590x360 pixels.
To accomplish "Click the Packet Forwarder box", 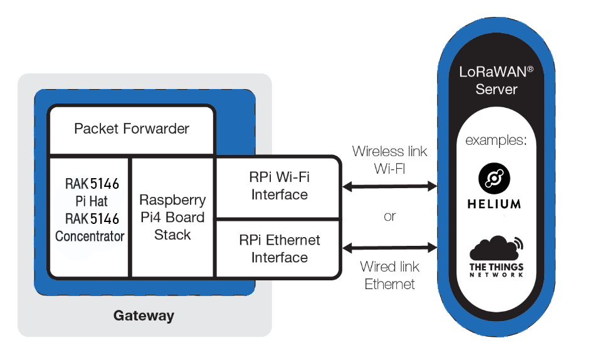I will [132, 129].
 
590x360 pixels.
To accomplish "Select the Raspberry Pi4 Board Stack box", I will [172, 217].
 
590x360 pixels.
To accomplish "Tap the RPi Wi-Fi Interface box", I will [279, 186].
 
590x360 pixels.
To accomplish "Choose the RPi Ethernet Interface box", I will [279, 248].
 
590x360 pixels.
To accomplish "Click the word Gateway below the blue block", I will [144, 315].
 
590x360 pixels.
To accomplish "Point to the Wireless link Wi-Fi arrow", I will [389, 186].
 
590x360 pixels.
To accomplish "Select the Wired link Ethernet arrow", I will [389, 247].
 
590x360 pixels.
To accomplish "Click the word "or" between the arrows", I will [390, 216].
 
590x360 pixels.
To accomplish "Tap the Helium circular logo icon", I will [495, 178].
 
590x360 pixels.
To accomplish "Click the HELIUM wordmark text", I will [495, 204].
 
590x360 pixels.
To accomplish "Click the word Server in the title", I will [496, 89].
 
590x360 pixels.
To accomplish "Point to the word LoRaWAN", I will [492, 71].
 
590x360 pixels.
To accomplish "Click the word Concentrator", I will [90, 236].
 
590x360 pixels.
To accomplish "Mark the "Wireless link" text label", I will [389, 151].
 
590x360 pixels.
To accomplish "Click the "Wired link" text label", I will [389, 267].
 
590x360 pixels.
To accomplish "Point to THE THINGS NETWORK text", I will [496, 271].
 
